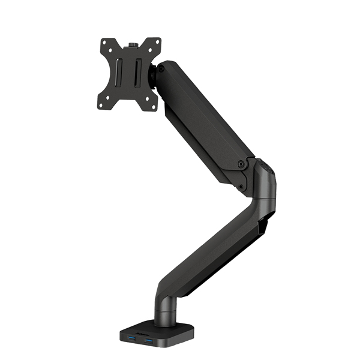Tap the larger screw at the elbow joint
[241, 163]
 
